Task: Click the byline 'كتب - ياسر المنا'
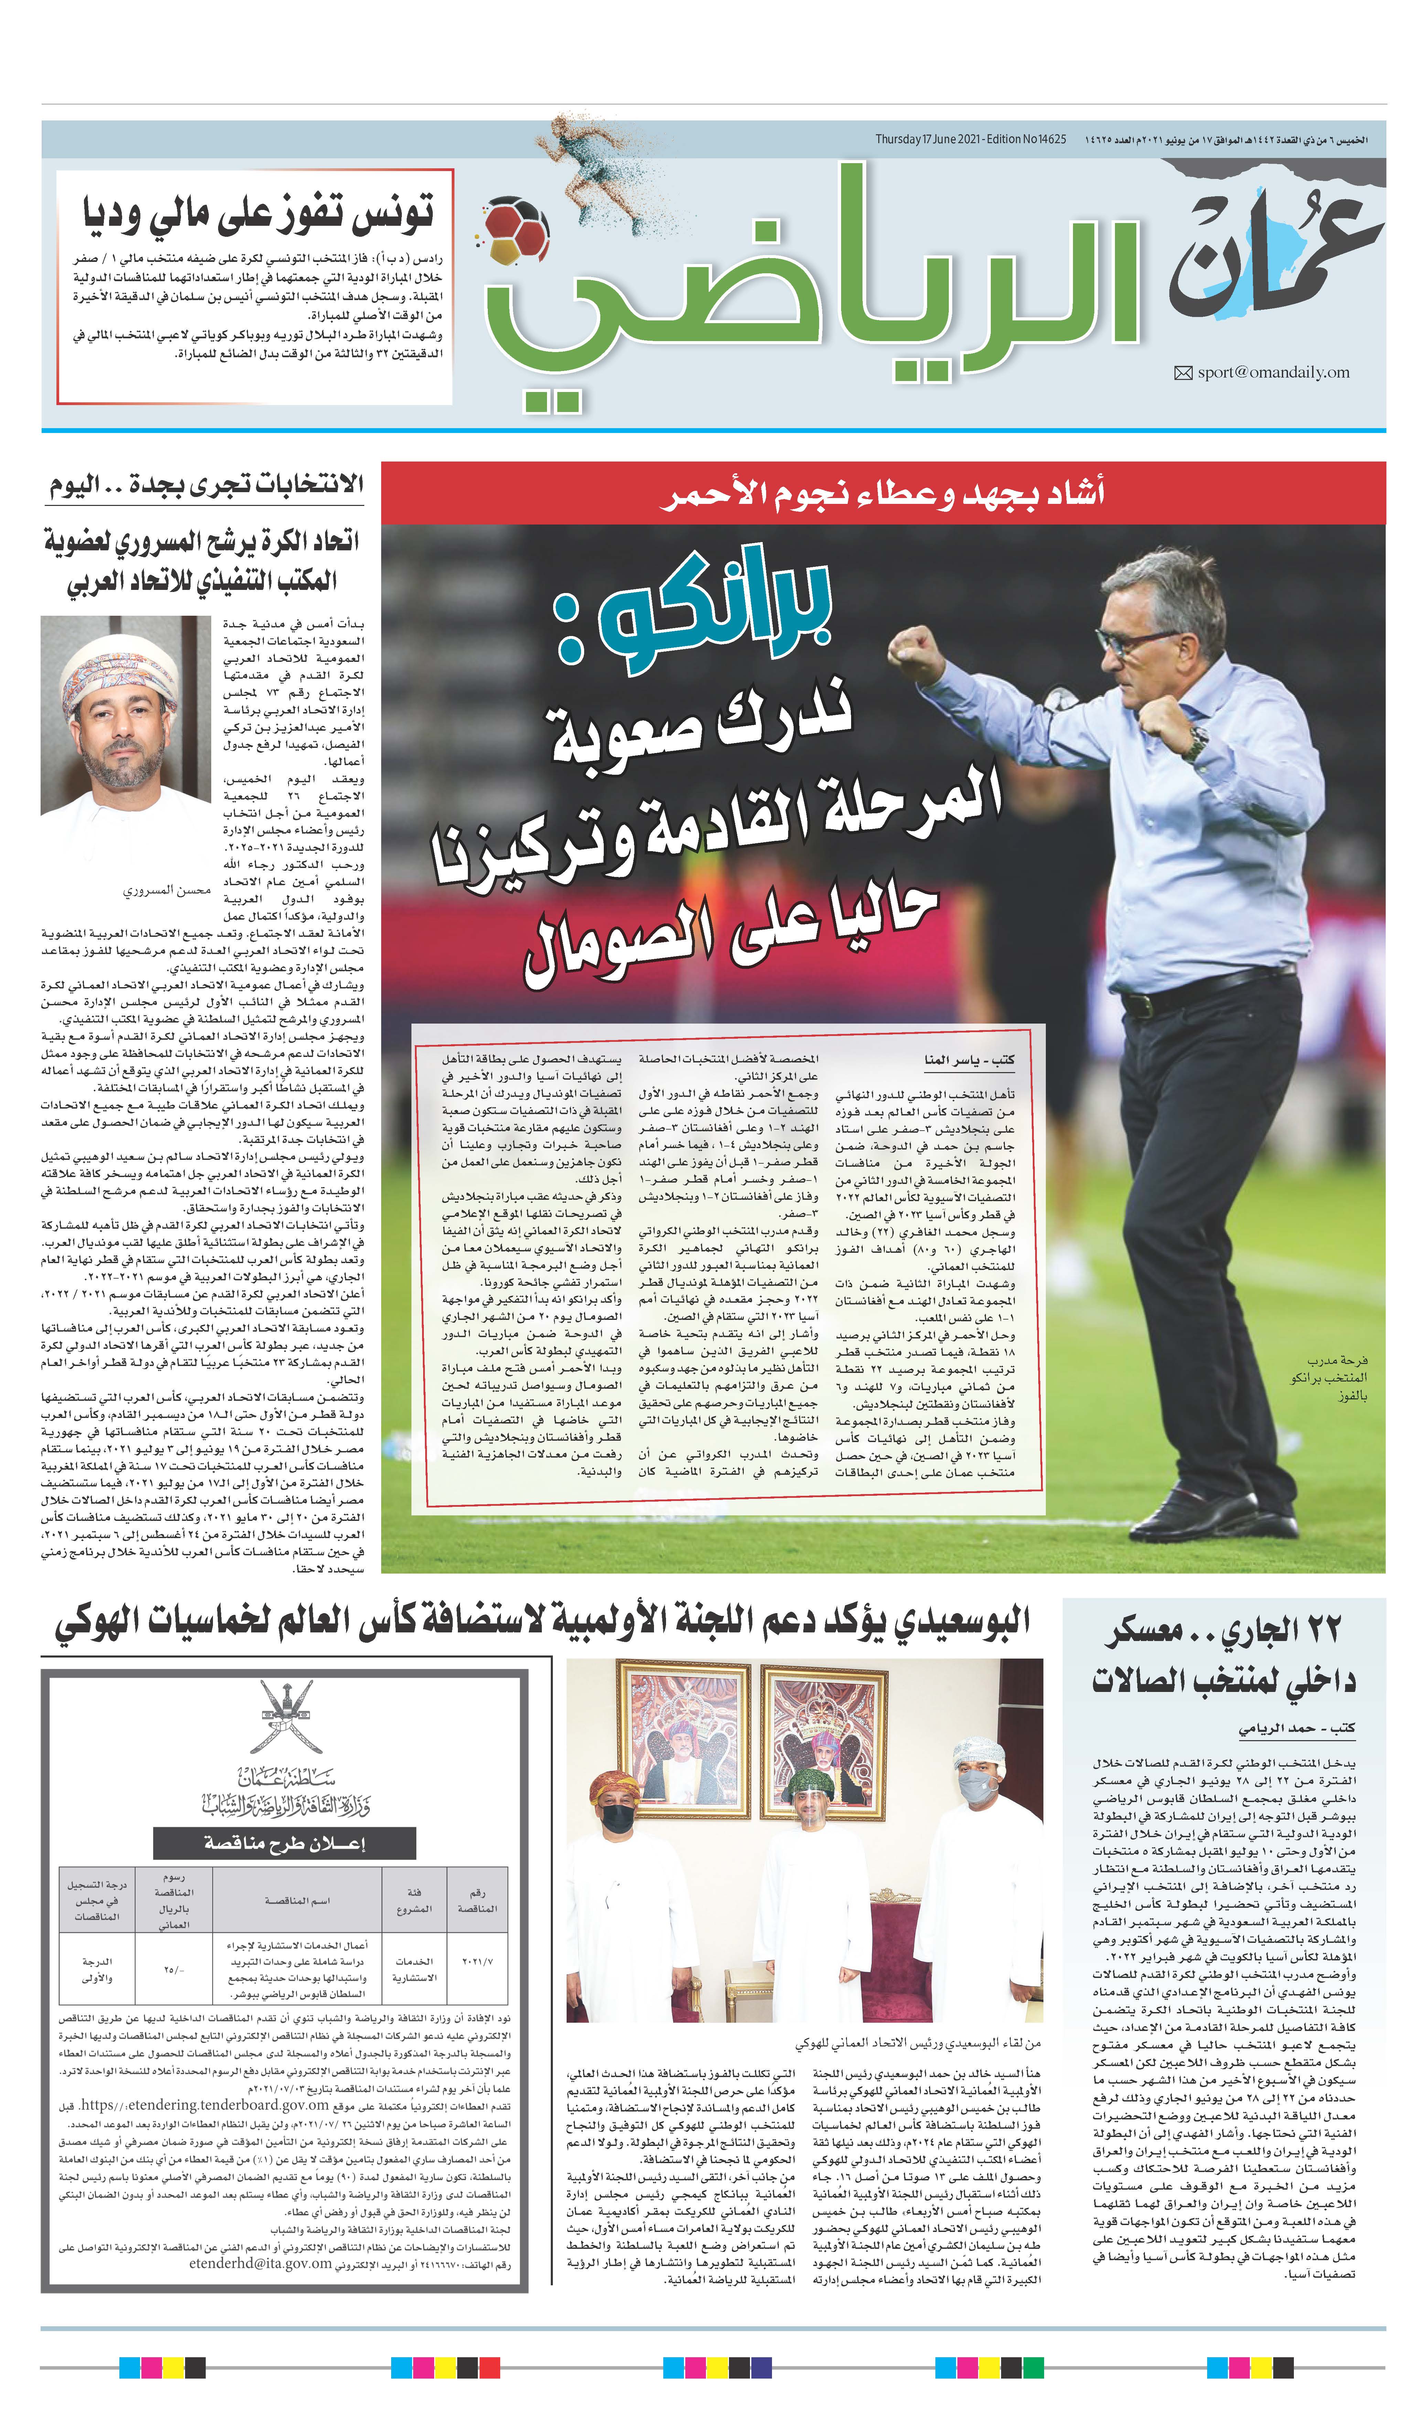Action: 969,1060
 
